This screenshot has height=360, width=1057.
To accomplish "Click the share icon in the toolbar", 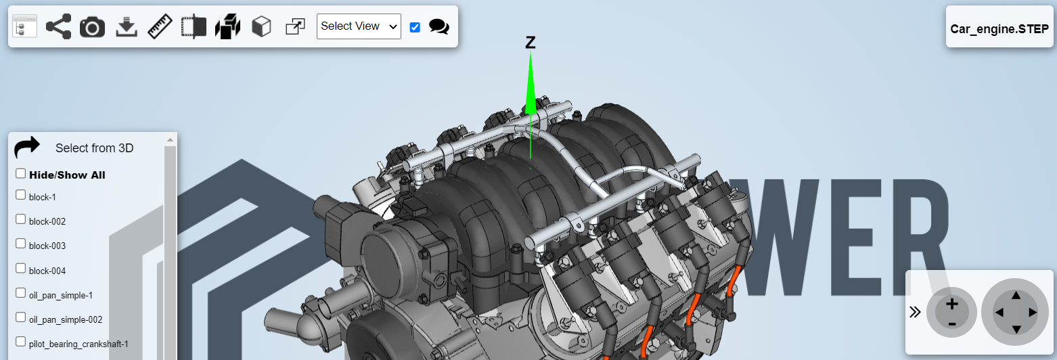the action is (x=58, y=26).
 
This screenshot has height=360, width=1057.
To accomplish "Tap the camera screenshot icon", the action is (x=92, y=27).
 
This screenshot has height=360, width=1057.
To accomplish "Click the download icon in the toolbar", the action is (x=127, y=27).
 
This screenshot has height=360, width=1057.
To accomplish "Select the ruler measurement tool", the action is (x=160, y=26).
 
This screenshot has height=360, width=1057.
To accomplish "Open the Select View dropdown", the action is (x=359, y=26).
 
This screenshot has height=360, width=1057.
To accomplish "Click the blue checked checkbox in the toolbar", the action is (x=415, y=27).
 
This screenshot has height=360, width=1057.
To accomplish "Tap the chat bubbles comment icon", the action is (x=439, y=26).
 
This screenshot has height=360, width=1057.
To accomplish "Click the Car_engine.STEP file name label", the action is (x=999, y=29).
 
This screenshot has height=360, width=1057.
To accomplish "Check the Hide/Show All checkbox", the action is (x=20, y=174).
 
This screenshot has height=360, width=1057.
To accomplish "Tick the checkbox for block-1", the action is (x=20, y=195).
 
